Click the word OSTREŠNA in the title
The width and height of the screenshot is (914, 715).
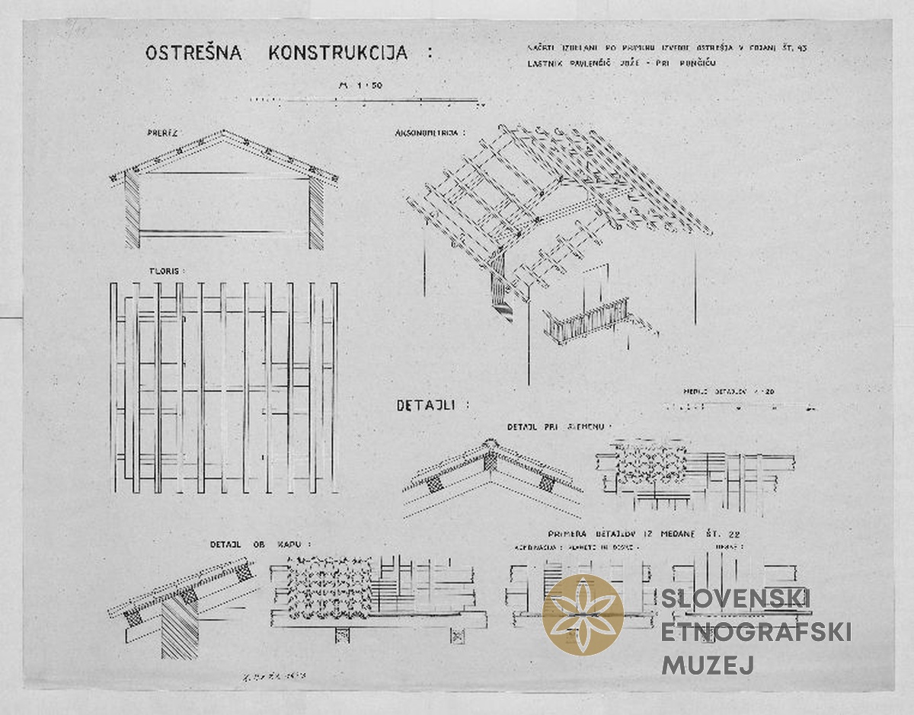[x=193, y=53]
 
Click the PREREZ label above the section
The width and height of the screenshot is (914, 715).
[x=162, y=132]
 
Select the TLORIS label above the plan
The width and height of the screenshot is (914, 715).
[x=167, y=270]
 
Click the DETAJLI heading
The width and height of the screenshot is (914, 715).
[x=433, y=405]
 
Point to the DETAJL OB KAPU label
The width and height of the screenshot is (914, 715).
[x=260, y=545]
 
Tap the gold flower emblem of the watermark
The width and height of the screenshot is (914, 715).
[x=583, y=614]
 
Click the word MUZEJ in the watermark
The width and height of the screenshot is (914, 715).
[x=708, y=665]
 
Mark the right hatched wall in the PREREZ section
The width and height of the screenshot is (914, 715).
[x=315, y=214]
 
